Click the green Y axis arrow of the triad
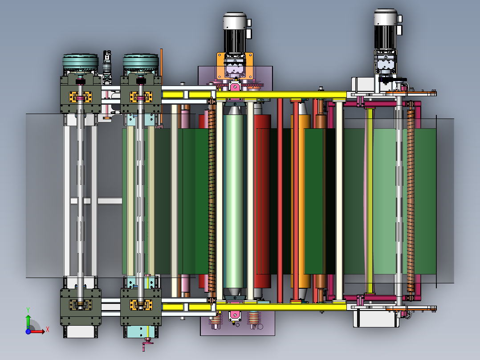pos(28,321)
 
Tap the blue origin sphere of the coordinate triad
pos(28,331)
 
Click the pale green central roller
pos(234,200)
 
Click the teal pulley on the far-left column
pos(81,62)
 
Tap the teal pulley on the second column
pos(141,62)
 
